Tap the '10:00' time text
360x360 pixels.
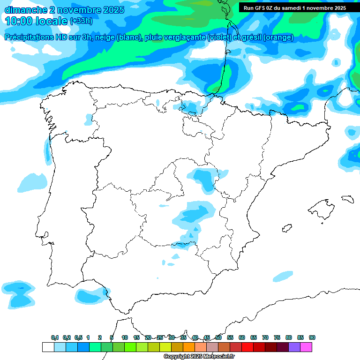(x=20, y=21)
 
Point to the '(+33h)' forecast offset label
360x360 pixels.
(x=81, y=21)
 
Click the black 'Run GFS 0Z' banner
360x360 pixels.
(x=294, y=8)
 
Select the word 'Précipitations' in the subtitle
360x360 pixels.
(x=32, y=37)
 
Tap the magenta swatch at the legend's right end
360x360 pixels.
(x=306, y=347)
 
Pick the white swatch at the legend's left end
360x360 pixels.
(x=48, y=347)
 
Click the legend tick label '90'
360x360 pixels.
(x=312, y=337)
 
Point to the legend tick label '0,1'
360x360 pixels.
(x=55, y=337)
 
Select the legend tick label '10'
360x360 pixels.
(x=125, y=337)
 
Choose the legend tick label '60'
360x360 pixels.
(x=242, y=337)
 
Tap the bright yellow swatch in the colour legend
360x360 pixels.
(x=165, y=347)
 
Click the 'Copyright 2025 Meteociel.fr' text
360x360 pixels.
(x=199, y=357)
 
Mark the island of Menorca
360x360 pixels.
(x=347, y=199)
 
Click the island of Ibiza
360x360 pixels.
(x=286, y=228)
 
